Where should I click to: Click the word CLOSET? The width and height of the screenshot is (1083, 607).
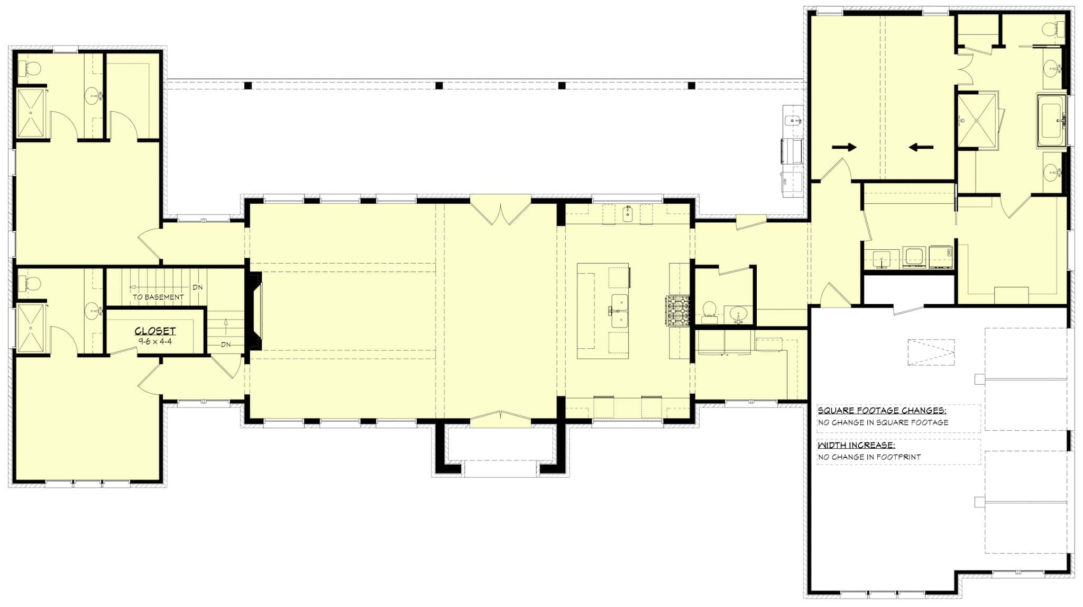click(x=155, y=331)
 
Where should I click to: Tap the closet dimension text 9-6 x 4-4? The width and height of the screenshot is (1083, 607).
click(x=155, y=341)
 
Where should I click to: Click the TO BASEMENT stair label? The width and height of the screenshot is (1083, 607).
click(x=158, y=297)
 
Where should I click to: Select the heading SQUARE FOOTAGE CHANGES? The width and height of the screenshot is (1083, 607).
click(x=882, y=410)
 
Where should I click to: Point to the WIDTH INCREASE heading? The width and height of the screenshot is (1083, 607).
click(x=856, y=445)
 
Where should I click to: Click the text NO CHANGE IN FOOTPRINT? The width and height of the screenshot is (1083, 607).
click(x=869, y=457)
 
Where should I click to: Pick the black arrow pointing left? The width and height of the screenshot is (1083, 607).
click(x=921, y=148)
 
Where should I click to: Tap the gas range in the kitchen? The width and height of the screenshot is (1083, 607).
click(x=677, y=311)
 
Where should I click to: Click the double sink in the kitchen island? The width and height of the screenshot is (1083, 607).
click(x=617, y=311)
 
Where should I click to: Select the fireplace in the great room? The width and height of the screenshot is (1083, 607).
click(x=256, y=311)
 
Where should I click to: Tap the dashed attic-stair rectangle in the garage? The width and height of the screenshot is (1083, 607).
click(x=931, y=352)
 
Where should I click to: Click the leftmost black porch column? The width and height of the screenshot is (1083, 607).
click(x=247, y=85)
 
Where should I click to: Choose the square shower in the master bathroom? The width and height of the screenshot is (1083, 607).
click(x=976, y=120)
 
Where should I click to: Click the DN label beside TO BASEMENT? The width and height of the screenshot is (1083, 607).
click(x=197, y=287)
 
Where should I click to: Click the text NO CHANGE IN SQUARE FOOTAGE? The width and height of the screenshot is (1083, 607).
click(x=883, y=422)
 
